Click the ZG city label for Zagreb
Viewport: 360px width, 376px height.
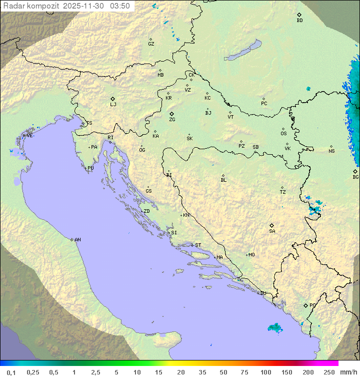pos(172,120)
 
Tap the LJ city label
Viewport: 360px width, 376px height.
pos(113,105)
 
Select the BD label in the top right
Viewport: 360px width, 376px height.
pos(299,21)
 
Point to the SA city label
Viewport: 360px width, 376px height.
pos(272,231)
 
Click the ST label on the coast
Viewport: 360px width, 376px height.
pos(198,245)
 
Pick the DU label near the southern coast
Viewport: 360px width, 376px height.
pos(263,293)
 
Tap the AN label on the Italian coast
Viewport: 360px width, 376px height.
pos(77,240)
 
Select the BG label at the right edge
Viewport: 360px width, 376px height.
pos(355,177)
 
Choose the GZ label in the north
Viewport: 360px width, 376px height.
pos(151,44)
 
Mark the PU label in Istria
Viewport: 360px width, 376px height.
pos(90,168)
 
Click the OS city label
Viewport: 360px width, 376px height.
pos(283,134)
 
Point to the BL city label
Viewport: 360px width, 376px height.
pos(223,180)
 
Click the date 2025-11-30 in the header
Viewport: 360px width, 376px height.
pos(85,6)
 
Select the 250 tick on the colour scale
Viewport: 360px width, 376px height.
pos(328,372)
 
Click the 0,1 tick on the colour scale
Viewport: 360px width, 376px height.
pos(11,372)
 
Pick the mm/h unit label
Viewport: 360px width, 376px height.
pos(348,372)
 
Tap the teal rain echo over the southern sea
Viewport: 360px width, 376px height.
pos(274,327)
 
